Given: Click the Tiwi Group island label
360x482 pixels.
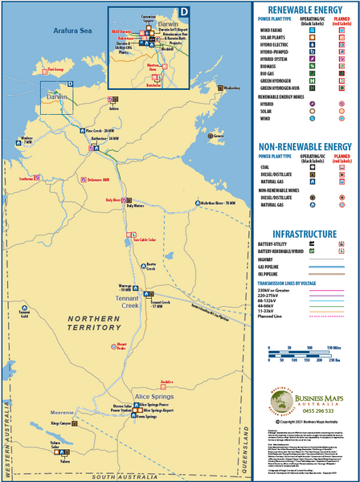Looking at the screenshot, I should tap(55, 69).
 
